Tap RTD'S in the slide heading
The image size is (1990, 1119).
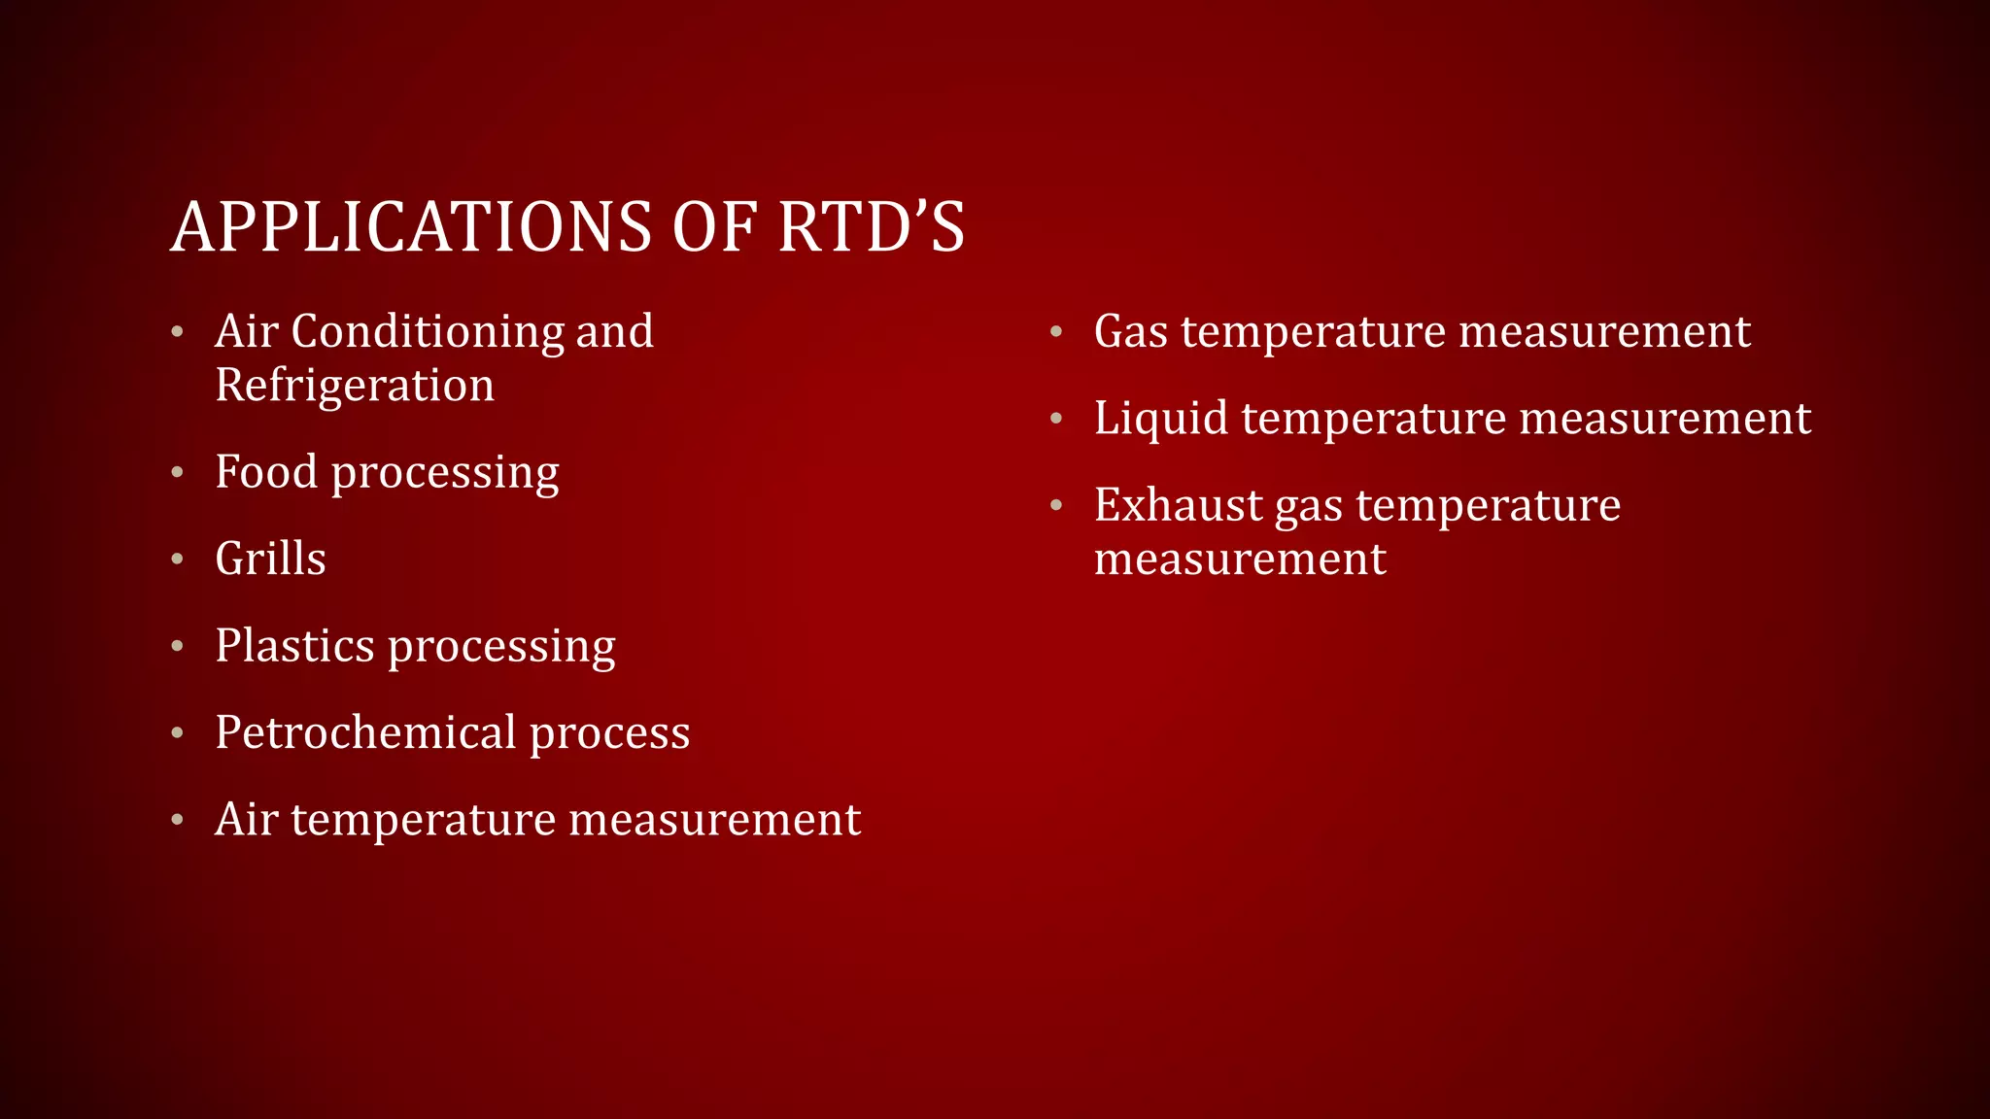871,227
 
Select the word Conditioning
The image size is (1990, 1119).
427,331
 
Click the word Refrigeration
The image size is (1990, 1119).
355,385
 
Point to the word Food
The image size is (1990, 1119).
266,472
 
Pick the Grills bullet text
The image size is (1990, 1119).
270,559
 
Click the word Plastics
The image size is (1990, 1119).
294,646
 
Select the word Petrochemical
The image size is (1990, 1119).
365,732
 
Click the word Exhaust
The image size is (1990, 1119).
1178,505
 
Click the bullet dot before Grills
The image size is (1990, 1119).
177,559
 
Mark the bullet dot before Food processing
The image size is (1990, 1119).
177,473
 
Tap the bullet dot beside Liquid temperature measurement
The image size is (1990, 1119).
1056,420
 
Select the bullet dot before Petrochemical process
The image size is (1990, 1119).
177,733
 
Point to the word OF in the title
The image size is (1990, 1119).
713,227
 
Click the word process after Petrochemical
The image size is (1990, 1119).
609,734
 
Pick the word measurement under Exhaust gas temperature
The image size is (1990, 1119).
1240,559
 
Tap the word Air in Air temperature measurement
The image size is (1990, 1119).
246,819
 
